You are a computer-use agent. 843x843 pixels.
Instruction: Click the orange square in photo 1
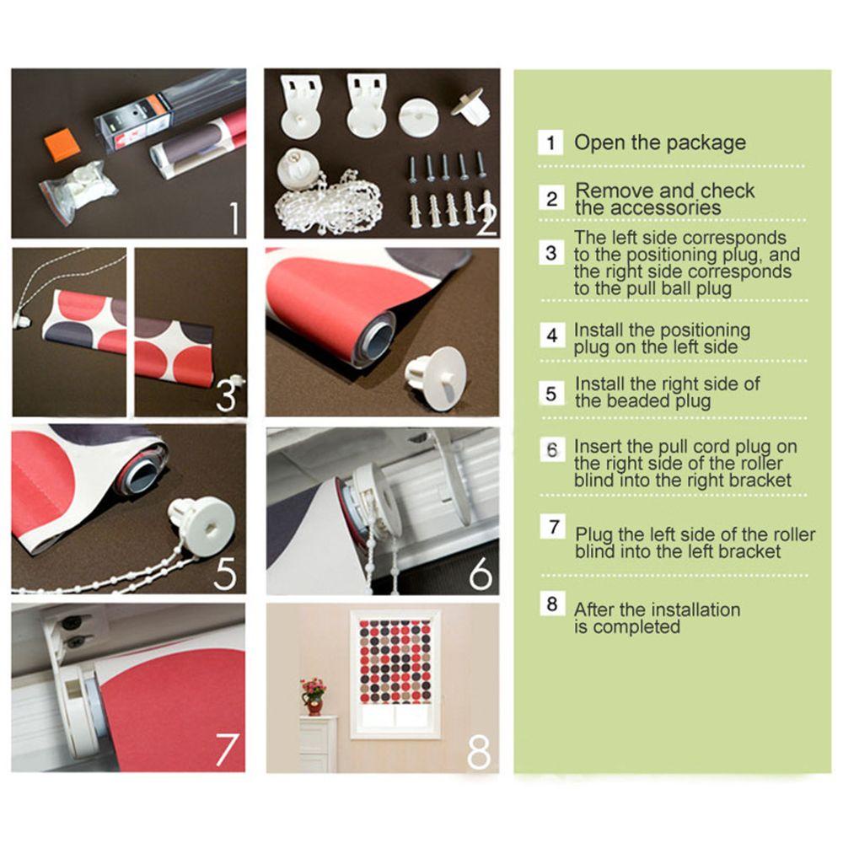pyautogui.click(x=62, y=145)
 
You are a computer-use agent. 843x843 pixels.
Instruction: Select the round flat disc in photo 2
pyautogui.click(x=418, y=116)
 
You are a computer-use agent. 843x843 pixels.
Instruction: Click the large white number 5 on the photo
pyautogui.click(x=225, y=573)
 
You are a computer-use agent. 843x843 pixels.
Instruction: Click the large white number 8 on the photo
pyautogui.click(x=479, y=752)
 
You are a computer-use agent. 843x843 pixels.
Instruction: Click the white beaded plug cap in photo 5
pyautogui.click(x=201, y=521)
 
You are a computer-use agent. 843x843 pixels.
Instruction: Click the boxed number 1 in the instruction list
pyautogui.click(x=550, y=143)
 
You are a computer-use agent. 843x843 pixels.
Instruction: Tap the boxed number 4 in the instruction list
pyautogui.click(x=552, y=336)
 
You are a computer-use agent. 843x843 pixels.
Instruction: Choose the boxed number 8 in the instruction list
pyautogui.click(x=552, y=604)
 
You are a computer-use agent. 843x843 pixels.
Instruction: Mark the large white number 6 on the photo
pyautogui.click(x=481, y=573)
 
